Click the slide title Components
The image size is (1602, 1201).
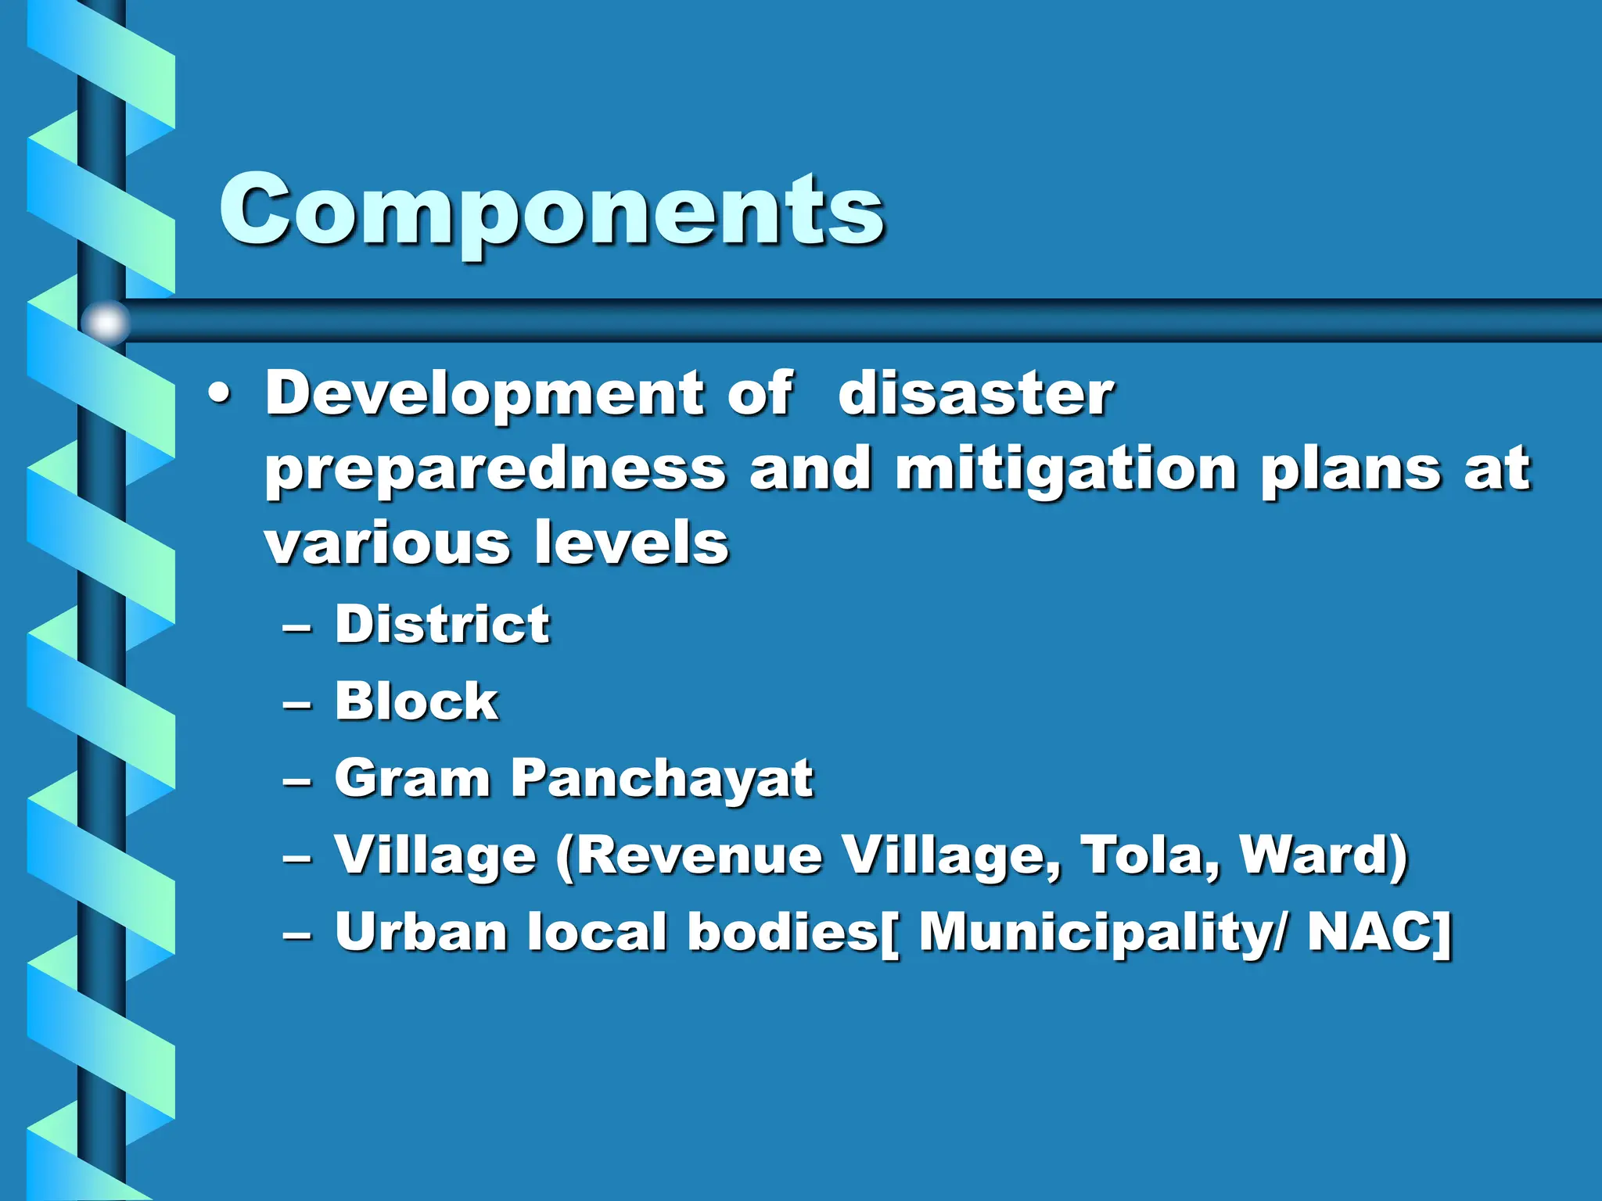coord(551,210)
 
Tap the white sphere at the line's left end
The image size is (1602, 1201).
coord(106,321)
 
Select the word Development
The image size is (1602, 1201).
coord(484,395)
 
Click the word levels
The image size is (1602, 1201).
coord(631,543)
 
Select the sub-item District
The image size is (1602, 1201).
coord(443,624)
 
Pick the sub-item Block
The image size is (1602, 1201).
coord(416,701)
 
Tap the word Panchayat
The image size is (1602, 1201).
coord(662,779)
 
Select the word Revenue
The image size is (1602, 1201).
coord(700,854)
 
